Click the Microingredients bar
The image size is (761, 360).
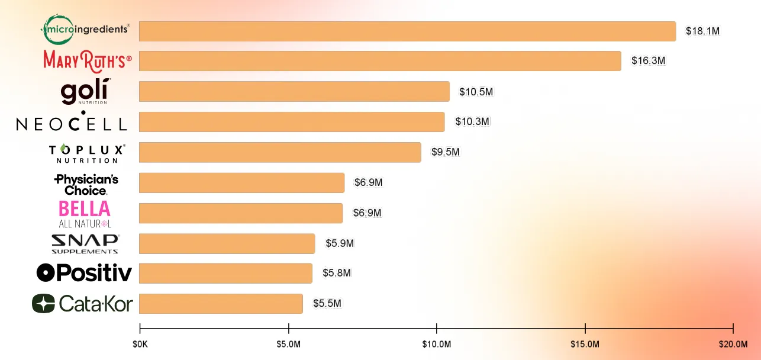tap(407, 31)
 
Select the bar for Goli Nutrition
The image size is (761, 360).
tap(294, 91)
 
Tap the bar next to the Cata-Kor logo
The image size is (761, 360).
tap(221, 304)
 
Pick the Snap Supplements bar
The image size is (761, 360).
tap(227, 243)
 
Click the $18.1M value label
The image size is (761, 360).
tap(702, 31)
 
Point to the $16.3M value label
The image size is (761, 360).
tap(648, 60)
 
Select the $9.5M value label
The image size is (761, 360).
tap(446, 152)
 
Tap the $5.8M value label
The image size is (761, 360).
tap(337, 272)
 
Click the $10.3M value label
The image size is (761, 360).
tap(472, 121)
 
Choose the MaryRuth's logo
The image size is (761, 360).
tap(88, 61)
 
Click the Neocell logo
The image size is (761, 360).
tap(72, 121)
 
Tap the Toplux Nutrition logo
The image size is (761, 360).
tap(87, 154)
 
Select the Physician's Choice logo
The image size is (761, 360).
tap(86, 185)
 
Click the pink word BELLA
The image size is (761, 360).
tap(85, 208)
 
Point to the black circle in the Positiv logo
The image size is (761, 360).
tap(46, 272)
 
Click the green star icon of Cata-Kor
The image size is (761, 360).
tap(43, 303)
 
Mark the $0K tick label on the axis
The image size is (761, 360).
tap(140, 345)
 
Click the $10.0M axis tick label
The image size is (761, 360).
tap(437, 345)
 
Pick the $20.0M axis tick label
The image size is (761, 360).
tap(733, 345)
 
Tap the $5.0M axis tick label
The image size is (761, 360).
tap(288, 345)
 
